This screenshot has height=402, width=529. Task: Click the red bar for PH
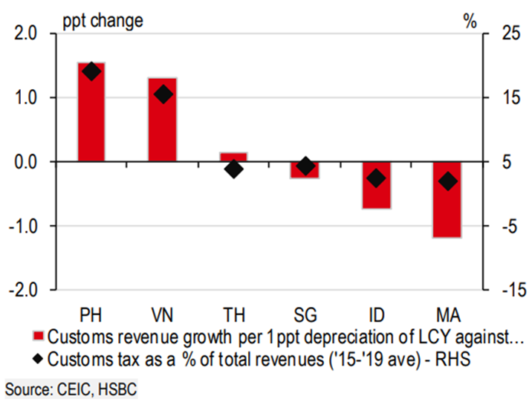pyautogui.click(x=91, y=112)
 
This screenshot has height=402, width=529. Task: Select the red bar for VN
pyautogui.click(x=163, y=120)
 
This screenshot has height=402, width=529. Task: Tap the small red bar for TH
pyautogui.click(x=233, y=157)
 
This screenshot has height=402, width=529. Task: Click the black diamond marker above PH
pyautogui.click(x=91, y=71)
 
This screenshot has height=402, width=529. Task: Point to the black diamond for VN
pyautogui.click(x=163, y=94)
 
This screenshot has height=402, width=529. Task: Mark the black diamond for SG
pyautogui.click(x=305, y=166)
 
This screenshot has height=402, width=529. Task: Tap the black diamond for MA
pyautogui.click(x=447, y=181)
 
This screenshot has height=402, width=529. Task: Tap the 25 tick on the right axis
pyautogui.click(x=504, y=33)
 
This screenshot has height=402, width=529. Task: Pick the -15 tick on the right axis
pyautogui.click(x=504, y=290)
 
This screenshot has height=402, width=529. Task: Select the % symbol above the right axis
pyautogui.click(x=470, y=20)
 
